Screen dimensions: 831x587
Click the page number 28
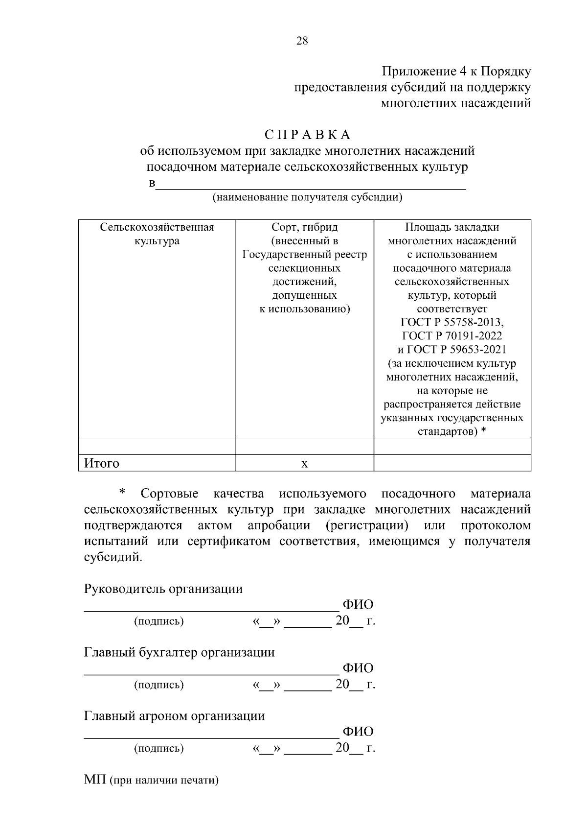click(302, 41)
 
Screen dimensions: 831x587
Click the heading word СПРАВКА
click(307, 135)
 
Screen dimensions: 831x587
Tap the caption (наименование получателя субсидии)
click(307, 197)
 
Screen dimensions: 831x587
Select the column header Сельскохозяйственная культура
click(157, 234)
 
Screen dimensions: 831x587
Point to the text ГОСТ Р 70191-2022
click(452, 336)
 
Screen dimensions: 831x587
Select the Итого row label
click(102, 463)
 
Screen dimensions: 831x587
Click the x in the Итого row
click(304, 463)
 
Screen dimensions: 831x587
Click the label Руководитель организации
click(163, 589)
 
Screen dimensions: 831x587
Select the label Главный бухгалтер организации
click(179, 652)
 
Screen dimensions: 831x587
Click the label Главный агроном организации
click(175, 716)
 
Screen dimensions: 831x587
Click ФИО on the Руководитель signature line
click(358, 605)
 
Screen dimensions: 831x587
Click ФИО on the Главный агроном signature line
click(358, 732)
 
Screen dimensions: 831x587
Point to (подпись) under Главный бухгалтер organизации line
click(159, 685)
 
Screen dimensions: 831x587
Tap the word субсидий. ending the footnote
click(113, 557)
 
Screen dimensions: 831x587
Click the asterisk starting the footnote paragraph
click(122, 492)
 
